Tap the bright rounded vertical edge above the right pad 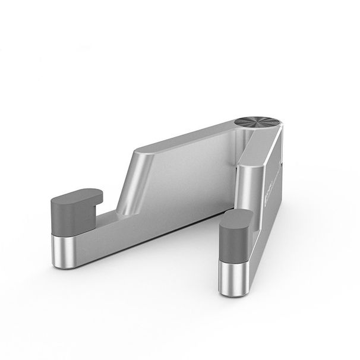(244, 184)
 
